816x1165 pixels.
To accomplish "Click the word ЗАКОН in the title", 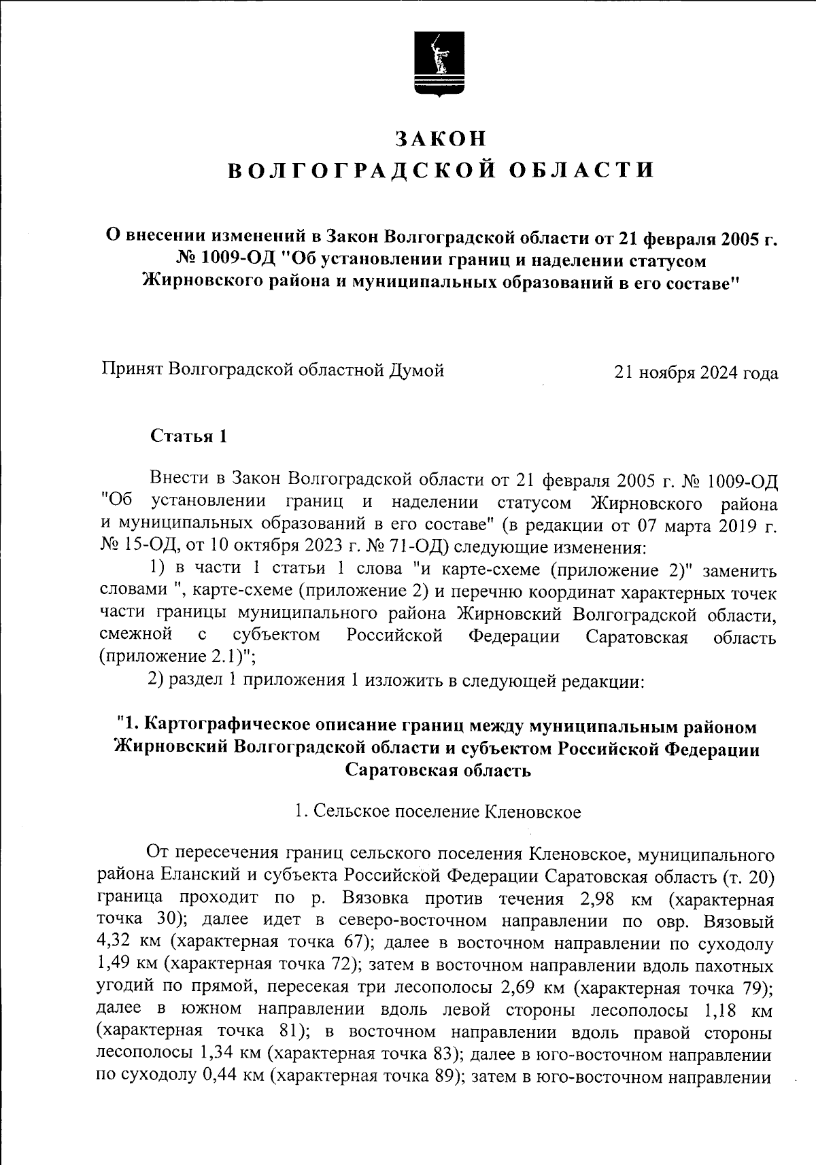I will click(441, 138).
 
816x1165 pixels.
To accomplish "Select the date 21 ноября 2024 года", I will click(696, 373).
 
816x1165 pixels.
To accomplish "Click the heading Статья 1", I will click(188, 436).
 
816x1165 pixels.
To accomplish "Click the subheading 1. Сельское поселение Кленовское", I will click(438, 812).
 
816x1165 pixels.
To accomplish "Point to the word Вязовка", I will click(375, 899).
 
